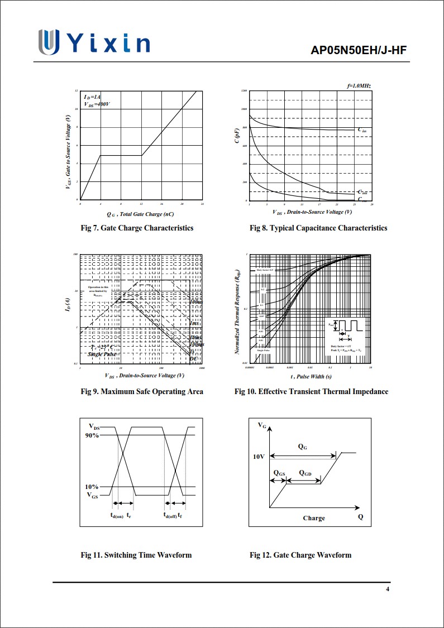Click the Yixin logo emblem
point(49,42)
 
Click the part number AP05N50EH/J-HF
point(359,51)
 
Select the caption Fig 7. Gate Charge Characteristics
point(137,228)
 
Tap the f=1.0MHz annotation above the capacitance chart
point(359,86)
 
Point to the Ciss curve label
point(362,131)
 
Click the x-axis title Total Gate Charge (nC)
point(140,214)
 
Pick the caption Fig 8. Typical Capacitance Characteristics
point(318,228)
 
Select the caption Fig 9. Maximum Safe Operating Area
point(142,391)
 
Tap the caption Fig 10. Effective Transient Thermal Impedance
point(311,391)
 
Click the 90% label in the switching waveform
point(92,435)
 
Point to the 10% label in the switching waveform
point(92,487)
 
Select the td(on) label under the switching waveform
point(116,515)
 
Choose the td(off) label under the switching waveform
point(170,515)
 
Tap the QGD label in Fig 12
point(305,473)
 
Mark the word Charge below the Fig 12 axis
point(314,518)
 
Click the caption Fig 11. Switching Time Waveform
point(136,555)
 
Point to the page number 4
point(388,590)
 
